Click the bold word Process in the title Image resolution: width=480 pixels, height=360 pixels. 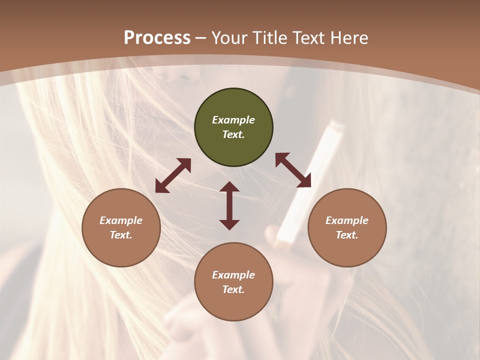point(157,38)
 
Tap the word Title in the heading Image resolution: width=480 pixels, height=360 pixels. point(271,38)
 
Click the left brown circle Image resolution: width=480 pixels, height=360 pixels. point(121,227)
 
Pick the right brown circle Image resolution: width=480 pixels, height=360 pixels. point(347,227)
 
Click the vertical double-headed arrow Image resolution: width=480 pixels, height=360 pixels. point(229,205)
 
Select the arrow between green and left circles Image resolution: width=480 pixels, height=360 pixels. point(173,175)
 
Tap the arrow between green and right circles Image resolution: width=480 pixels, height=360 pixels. point(293,170)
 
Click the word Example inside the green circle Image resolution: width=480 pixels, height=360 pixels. point(233,120)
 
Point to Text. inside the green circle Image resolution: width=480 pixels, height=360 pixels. point(233,134)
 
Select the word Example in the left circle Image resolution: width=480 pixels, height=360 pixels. point(121,220)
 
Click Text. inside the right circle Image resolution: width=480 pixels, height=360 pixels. point(347,235)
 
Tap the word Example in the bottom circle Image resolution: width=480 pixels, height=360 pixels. point(233,275)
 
